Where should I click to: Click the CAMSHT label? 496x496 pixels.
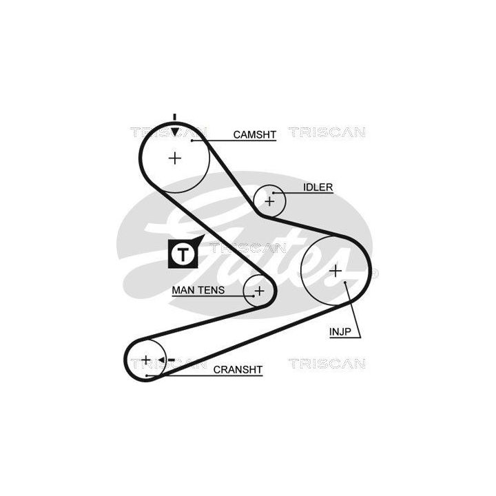(x=254, y=134)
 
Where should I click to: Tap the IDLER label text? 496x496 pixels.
(x=318, y=187)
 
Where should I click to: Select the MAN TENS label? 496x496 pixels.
(x=198, y=291)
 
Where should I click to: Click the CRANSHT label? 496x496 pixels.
(x=238, y=370)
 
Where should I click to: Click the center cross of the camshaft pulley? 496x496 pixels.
(x=175, y=158)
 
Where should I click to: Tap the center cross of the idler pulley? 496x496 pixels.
(x=269, y=201)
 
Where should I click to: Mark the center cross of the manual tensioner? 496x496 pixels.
(x=259, y=291)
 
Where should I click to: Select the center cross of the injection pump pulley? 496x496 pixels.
(x=335, y=271)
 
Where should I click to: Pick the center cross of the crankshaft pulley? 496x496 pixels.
(x=146, y=360)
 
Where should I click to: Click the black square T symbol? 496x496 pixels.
(x=182, y=254)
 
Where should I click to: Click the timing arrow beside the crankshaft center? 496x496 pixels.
(x=164, y=360)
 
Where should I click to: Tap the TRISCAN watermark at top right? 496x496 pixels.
(x=327, y=132)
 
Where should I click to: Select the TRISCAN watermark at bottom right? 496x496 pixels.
(x=327, y=363)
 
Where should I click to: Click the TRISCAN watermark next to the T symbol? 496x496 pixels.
(x=238, y=247)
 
